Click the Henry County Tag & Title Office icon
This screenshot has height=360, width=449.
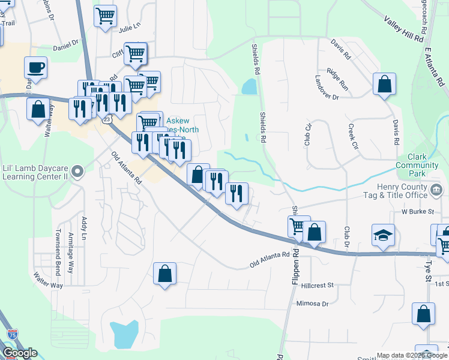[x=437, y=191]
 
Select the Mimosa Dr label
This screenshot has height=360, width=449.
[x=313, y=304]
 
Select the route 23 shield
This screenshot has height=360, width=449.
[x=107, y=120]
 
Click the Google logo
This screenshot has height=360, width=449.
[x=19, y=353]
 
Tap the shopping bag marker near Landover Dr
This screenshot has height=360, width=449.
[x=384, y=84]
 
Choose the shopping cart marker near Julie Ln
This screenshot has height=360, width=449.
[x=105, y=16]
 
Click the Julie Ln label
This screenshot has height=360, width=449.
[x=128, y=28]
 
